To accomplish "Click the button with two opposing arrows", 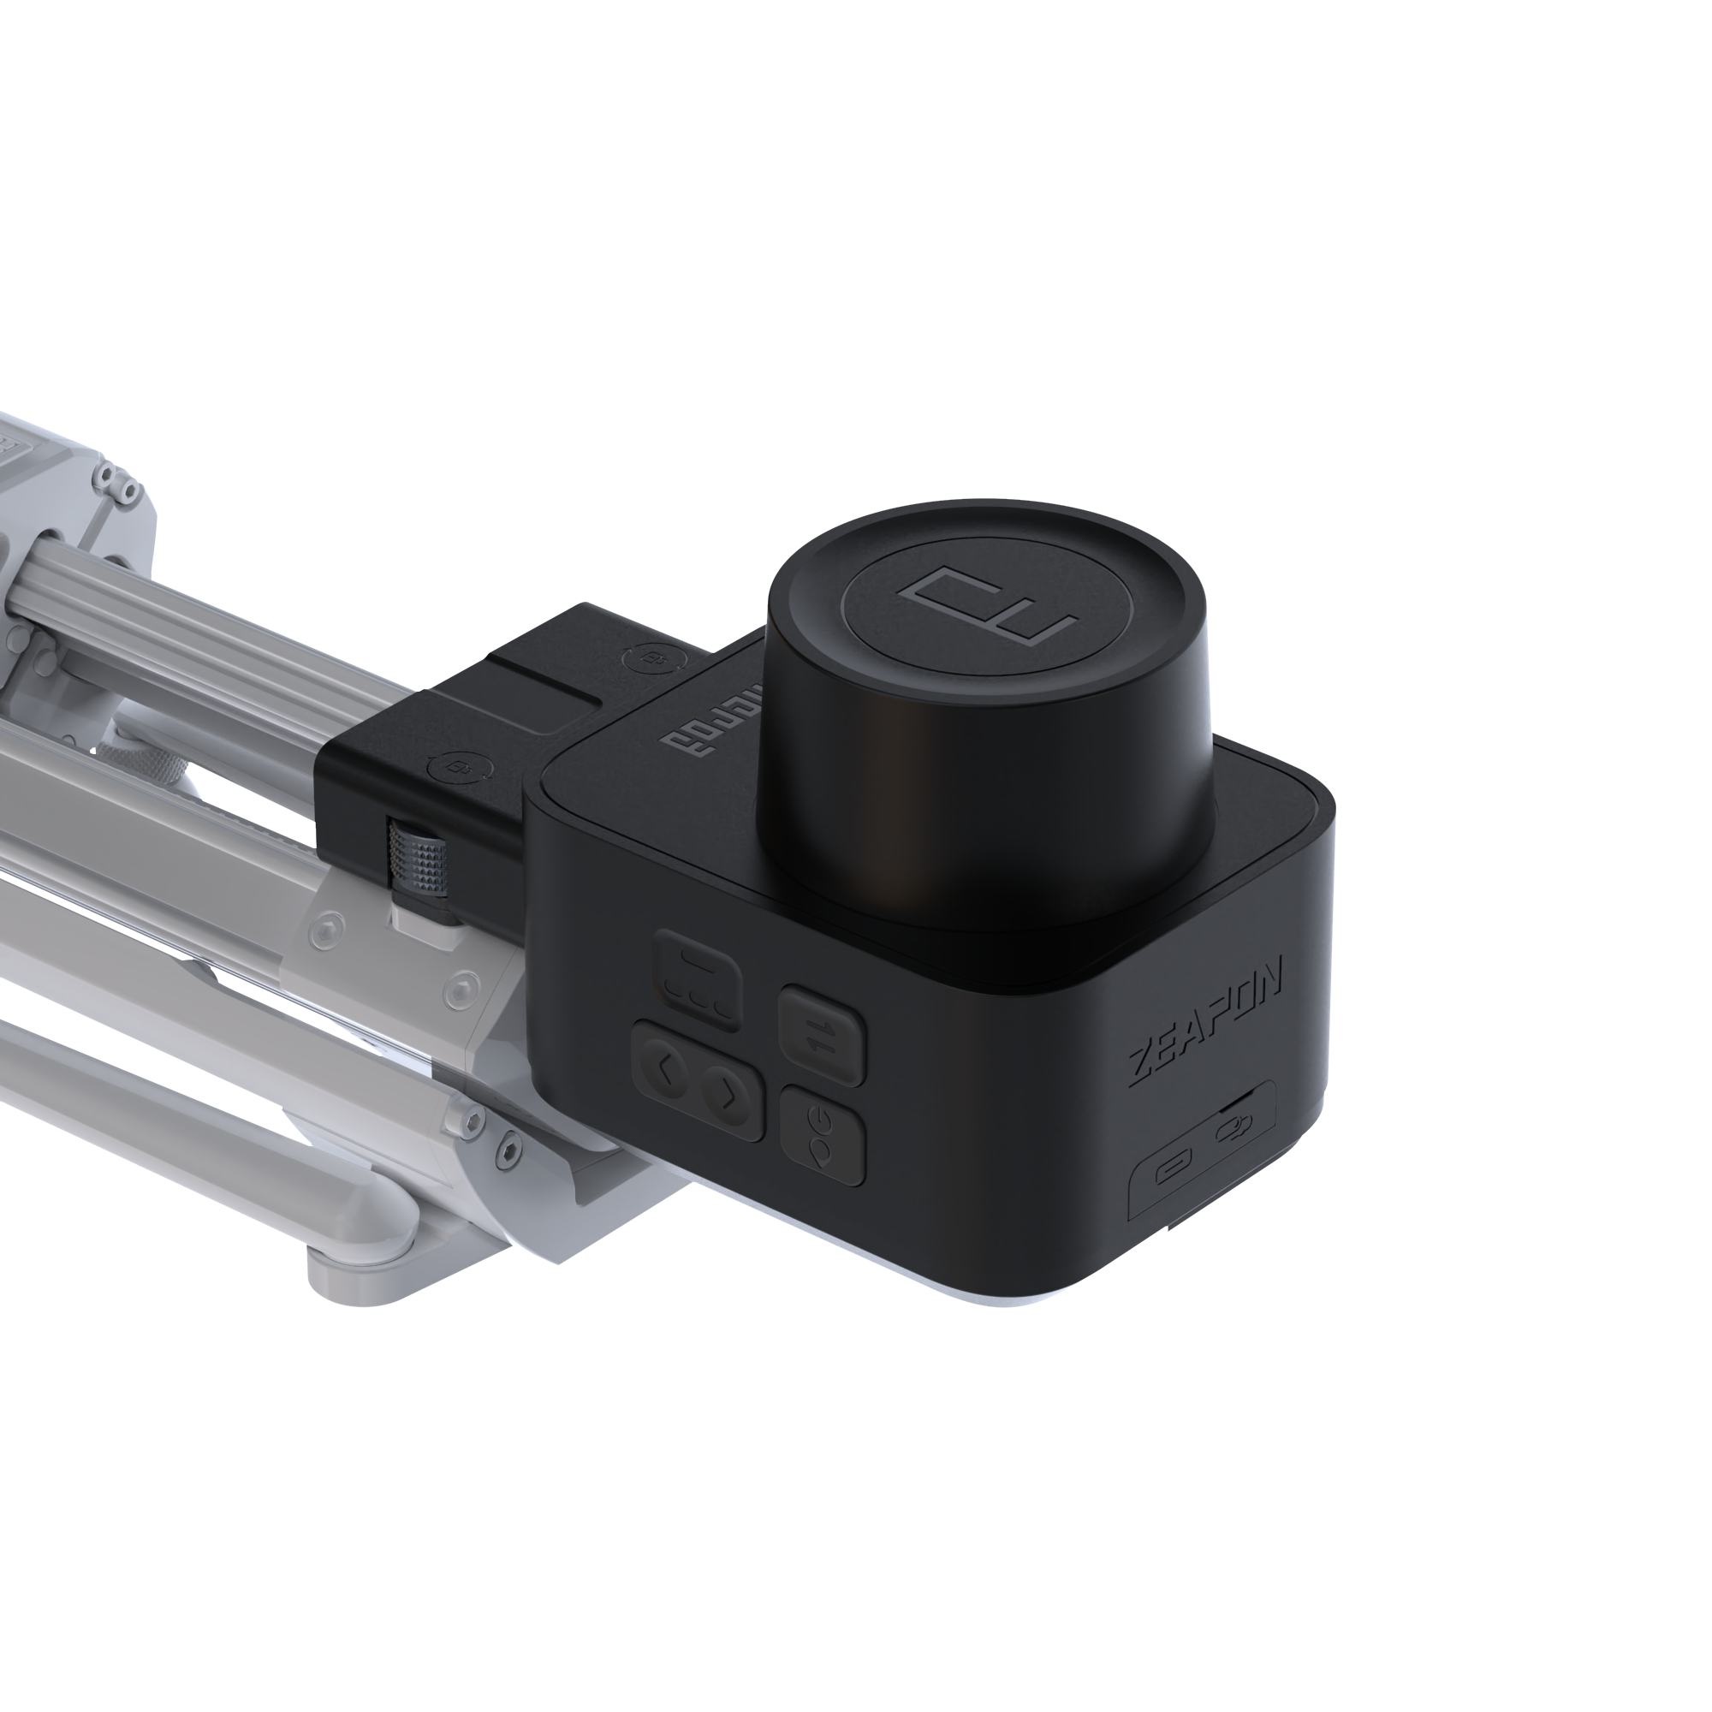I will tap(822, 1036).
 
